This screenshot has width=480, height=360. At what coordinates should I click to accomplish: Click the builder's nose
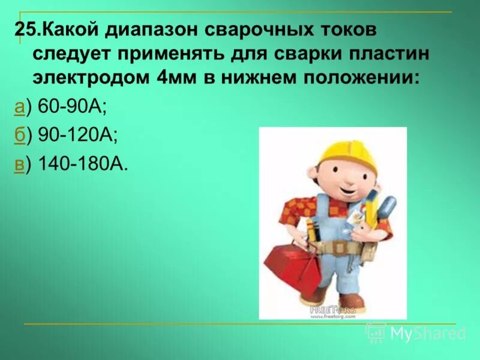tap(329, 179)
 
